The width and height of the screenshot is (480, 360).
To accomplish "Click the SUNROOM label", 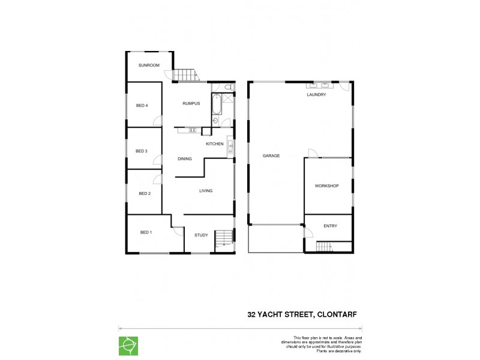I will pos(149,65).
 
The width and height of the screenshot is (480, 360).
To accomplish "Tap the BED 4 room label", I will pos(142,106).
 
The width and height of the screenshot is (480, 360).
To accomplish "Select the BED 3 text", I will pos(141,151).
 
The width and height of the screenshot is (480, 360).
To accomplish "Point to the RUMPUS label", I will pos(191,104).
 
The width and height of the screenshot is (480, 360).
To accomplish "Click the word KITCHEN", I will pos(214,144).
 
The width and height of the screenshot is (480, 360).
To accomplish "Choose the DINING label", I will pos(185,159).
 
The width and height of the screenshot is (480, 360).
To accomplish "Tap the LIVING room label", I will pos(206,191).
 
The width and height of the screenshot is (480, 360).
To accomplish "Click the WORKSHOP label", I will pos(326,186).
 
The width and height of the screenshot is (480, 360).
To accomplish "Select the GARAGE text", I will pos(271,156).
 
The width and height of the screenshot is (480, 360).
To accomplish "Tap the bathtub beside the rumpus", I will pos(215,106).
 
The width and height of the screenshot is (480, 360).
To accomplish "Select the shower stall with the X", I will pos(228,98).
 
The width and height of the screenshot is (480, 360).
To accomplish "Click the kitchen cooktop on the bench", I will pos(193,130).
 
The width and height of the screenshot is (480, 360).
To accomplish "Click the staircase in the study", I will pos(223,238).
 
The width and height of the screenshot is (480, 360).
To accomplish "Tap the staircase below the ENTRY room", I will pos(324,246).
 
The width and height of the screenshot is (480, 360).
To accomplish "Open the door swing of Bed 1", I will pos(178,231).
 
